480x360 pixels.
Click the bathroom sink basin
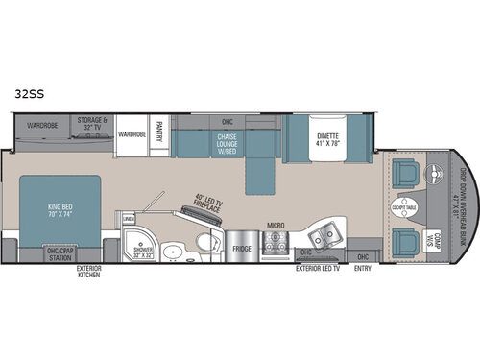click(174, 252)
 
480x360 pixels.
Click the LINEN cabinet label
click(130, 220)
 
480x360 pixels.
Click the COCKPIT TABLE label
click(403, 208)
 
